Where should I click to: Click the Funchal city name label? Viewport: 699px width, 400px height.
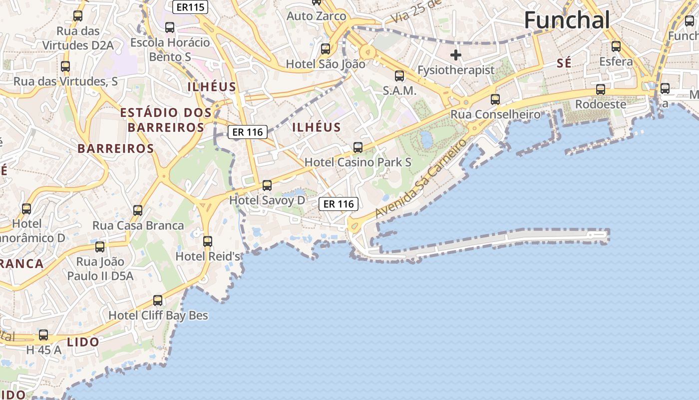[x=567, y=20]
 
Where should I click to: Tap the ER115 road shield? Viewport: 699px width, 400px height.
[x=190, y=7]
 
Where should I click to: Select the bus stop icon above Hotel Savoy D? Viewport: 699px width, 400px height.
[x=267, y=185]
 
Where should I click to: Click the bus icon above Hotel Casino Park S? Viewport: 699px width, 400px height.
[x=358, y=147]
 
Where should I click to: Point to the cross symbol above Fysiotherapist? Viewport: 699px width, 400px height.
[x=455, y=54]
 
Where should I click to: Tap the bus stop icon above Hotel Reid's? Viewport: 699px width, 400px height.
[x=208, y=241]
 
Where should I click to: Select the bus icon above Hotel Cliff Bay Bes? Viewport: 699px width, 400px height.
[x=158, y=300]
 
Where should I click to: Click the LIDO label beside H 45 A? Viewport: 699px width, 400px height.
[x=83, y=342]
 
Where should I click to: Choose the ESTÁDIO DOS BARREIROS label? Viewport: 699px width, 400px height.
[x=166, y=119]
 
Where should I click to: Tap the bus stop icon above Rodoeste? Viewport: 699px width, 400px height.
[x=601, y=89]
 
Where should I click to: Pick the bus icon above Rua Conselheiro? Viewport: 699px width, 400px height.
[x=495, y=99]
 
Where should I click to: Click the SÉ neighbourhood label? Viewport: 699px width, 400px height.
[x=564, y=63]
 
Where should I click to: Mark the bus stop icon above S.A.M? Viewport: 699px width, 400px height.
[x=399, y=76]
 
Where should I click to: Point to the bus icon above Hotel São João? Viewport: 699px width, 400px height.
[x=326, y=49]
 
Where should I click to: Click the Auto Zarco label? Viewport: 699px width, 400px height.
[x=316, y=16]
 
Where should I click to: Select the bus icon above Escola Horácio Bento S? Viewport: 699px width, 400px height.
[x=170, y=27]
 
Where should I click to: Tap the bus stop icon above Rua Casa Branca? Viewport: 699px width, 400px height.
[x=138, y=210]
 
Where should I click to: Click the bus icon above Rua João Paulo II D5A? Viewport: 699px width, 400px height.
[x=100, y=246]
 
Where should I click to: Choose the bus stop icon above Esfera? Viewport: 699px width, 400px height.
[x=616, y=46]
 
